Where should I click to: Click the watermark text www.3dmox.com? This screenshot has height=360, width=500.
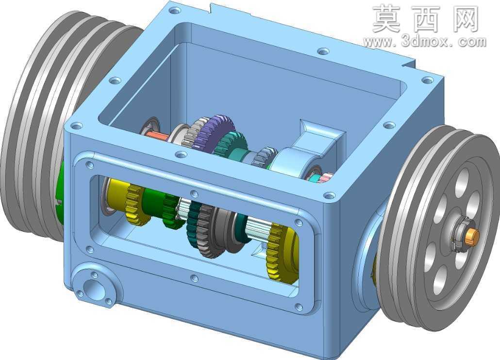point(425,42)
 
